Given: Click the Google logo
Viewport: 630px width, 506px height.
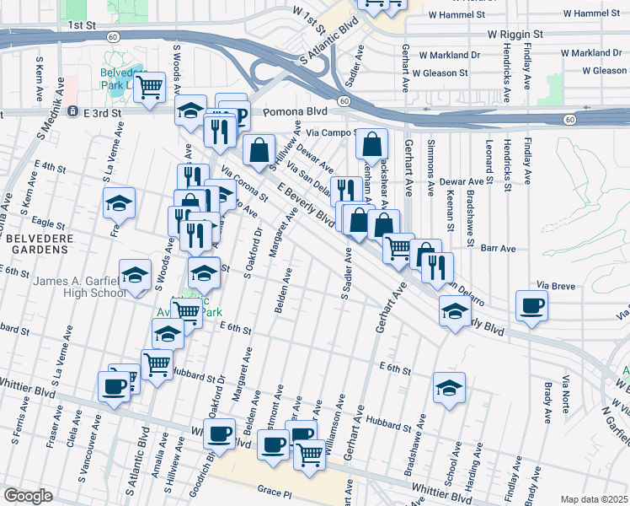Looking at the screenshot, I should [28, 496].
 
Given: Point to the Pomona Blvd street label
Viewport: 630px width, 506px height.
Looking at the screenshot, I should [295, 111].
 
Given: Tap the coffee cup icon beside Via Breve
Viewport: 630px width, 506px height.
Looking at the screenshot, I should [531, 306].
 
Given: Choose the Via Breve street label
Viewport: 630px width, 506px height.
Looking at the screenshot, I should [556, 287].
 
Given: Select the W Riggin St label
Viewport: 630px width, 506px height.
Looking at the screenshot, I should [516, 35].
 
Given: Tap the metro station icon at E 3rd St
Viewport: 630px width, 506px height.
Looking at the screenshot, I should [73, 111].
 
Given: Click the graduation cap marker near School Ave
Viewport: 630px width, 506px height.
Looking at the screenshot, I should [449, 389].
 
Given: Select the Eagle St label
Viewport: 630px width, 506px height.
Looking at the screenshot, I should [49, 225].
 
